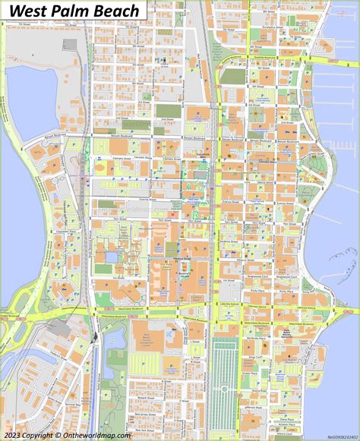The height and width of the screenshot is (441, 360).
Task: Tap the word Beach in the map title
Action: pos(116,11)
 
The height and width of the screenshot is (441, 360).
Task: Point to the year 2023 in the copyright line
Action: pos(13,435)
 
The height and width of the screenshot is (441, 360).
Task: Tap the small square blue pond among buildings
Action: pos(112,257)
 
